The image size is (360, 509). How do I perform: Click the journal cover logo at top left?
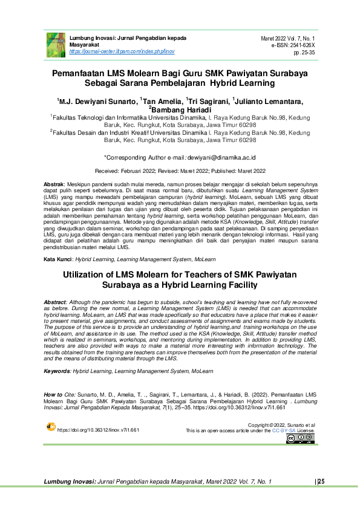tap(56, 44)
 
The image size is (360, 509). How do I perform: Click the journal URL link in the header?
tap(122, 52)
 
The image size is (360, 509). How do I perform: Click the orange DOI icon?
tap(51, 427)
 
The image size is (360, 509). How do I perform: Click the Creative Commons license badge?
tap(300, 439)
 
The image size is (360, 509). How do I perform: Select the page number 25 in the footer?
tap(321, 481)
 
